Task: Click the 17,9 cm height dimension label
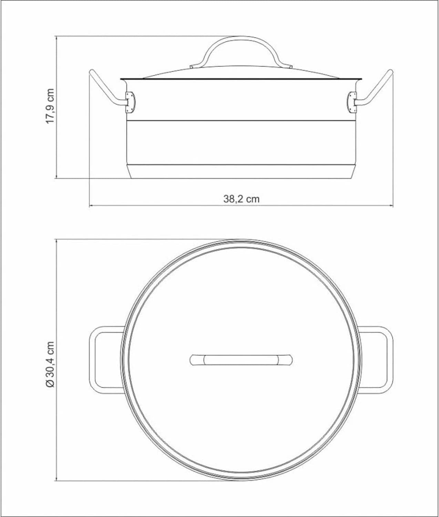click(x=50, y=107)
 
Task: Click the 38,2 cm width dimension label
click(x=241, y=199)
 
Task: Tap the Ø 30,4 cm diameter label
click(x=50, y=364)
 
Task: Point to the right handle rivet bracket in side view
click(x=352, y=102)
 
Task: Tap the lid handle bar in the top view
click(x=241, y=360)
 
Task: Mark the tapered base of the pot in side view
click(x=241, y=172)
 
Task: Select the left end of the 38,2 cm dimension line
click(x=90, y=206)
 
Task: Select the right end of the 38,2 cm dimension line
click(x=393, y=206)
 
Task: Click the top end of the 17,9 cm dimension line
click(x=56, y=36)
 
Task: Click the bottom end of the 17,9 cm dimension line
click(x=56, y=178)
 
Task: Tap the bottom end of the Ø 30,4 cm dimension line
click(x=56, y=480)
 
